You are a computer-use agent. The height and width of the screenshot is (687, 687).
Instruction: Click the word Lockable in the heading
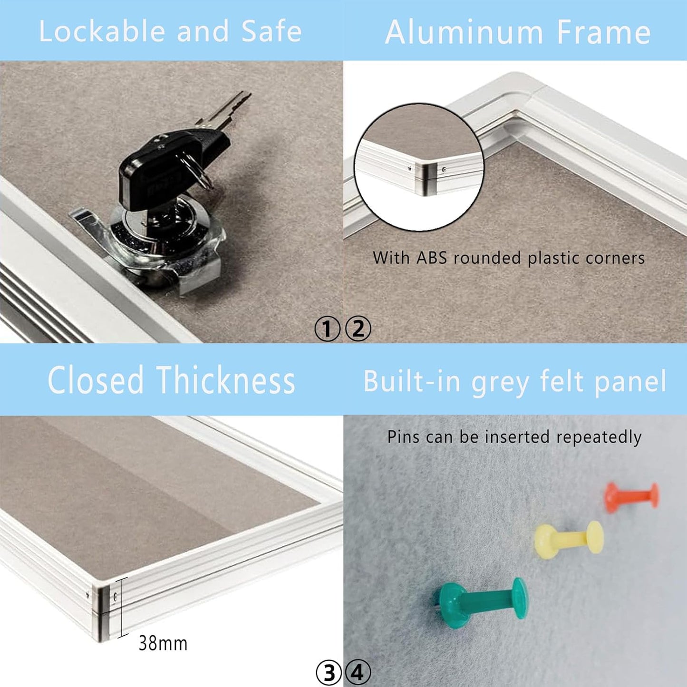tap(101, 31)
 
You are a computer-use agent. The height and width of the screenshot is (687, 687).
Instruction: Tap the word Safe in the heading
tap(271, 31)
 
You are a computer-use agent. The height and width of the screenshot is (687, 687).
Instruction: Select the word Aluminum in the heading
tap(464, 32)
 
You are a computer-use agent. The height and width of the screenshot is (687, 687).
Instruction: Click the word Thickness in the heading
tap(226, 381)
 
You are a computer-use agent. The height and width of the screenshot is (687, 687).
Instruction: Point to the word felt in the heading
tap(561, 381)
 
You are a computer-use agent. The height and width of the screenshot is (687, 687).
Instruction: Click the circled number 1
tap(327, 329)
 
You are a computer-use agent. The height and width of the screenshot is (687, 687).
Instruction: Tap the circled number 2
tap(358, 329)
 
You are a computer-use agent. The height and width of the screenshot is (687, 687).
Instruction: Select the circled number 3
tap(329, 673)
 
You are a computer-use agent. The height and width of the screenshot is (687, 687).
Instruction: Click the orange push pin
tap(631, 497)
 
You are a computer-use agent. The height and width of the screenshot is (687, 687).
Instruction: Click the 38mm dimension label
tap(163, 643)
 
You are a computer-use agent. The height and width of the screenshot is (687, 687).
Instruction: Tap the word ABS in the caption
tap(431, 258)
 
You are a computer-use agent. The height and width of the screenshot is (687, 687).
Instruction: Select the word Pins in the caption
tap(404, 436)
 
